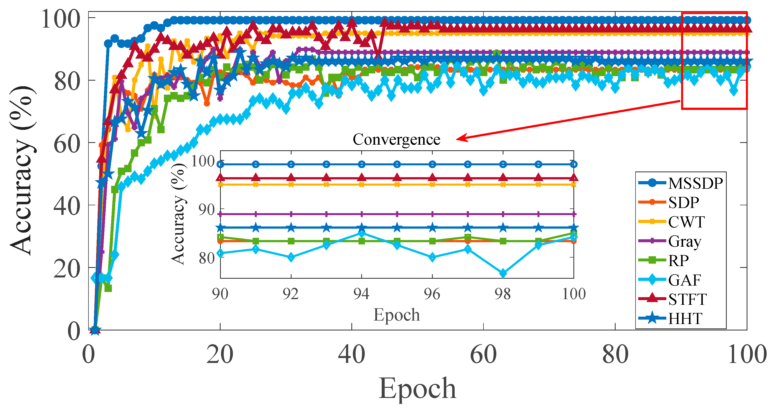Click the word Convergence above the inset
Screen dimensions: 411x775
[396, 139]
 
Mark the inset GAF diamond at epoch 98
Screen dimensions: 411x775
[503, 273]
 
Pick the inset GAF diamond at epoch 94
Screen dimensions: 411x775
[362, 234]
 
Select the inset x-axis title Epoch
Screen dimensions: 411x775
[396, 315]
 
